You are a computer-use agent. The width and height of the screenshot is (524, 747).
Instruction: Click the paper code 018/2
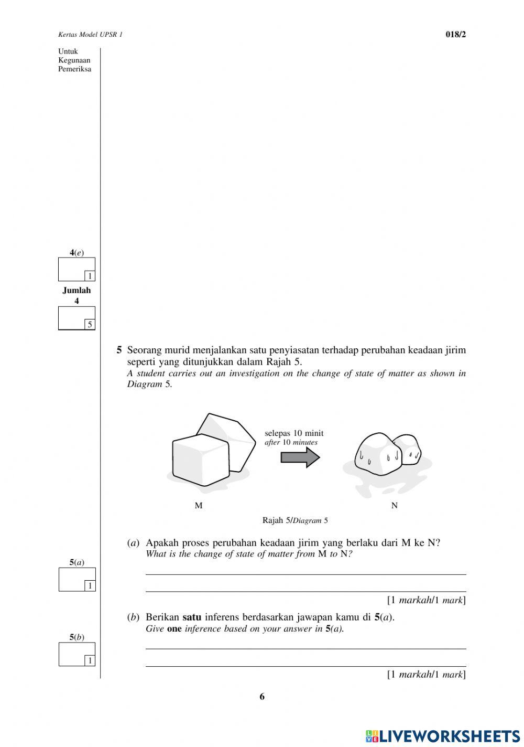coord(455,35)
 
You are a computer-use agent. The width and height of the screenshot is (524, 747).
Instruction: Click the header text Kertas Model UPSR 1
coord(90,35)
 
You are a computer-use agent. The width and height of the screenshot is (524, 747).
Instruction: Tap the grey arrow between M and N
coord(300,457)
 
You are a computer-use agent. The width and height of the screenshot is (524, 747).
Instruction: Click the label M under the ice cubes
coord(199,506)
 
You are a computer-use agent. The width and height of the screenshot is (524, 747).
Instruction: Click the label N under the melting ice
coord(395,506)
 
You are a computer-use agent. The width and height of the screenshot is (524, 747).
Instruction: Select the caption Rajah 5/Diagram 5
coord(295,521)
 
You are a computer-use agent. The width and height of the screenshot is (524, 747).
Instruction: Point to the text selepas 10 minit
coord(294,433)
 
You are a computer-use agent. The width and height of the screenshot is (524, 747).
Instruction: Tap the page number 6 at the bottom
coord(262,697)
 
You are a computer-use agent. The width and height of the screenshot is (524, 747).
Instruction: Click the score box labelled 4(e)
coord(77,269)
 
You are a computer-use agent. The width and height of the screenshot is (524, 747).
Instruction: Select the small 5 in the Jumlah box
coord(90,325)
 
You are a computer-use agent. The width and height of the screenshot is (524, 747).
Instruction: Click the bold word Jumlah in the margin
coord(77,290)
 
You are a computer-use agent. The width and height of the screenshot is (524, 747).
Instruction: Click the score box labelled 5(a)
coord(77,579)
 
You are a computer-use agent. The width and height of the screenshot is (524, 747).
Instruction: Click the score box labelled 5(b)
coord(77,654)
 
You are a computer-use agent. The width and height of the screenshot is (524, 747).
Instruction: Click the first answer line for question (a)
coord(305,574)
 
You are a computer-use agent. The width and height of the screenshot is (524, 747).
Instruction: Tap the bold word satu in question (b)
coord(192,617)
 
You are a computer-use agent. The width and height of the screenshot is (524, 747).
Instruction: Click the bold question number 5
coord(119,350)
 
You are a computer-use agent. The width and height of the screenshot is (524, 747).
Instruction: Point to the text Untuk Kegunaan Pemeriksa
coord(74,60)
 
